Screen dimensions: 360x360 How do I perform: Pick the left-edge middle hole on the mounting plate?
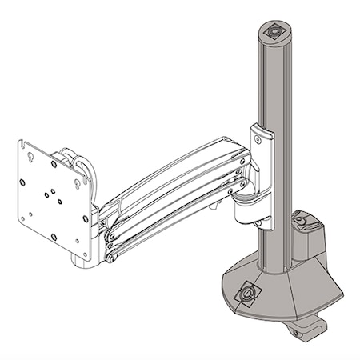tap(26, 189)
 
